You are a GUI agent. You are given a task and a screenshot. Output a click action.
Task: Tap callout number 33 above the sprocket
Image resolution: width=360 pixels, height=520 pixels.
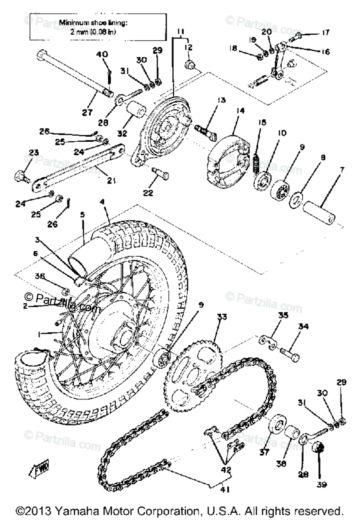(x=222, y=317)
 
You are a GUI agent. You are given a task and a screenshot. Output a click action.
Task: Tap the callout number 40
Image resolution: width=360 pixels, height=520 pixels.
(x=101, y=55)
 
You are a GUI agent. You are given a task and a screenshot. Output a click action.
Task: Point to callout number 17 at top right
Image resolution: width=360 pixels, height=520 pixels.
(x=325, y=32)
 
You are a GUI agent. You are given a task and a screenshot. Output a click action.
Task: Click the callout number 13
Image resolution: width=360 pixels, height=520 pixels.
(x=221, y=100)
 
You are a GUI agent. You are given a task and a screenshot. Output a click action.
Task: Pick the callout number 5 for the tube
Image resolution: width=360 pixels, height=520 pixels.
(x=82, y=214)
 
